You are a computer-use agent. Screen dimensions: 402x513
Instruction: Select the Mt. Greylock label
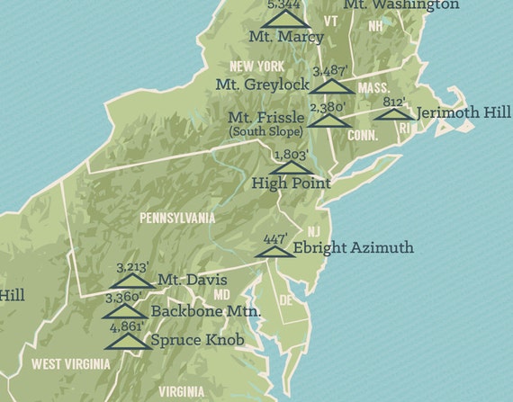(x=262, y=85)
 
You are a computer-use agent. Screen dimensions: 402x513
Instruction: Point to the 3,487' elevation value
(x=332, y=71)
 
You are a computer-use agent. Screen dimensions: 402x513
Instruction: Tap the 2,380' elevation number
(x=328, y=107)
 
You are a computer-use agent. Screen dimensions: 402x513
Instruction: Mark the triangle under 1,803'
(x=292, y=166)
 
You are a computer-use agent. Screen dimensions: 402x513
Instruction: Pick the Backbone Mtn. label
(x=206, y=311)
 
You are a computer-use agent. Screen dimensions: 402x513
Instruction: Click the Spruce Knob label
(x=195, y=341)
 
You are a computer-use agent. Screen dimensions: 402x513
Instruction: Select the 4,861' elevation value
(x=127, y=326)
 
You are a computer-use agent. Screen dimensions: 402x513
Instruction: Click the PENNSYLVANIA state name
(x=177, y=218)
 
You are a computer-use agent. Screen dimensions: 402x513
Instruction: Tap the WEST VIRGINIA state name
(x=71, y=364)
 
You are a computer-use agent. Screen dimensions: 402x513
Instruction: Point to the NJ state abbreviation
(x=313, y=232)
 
